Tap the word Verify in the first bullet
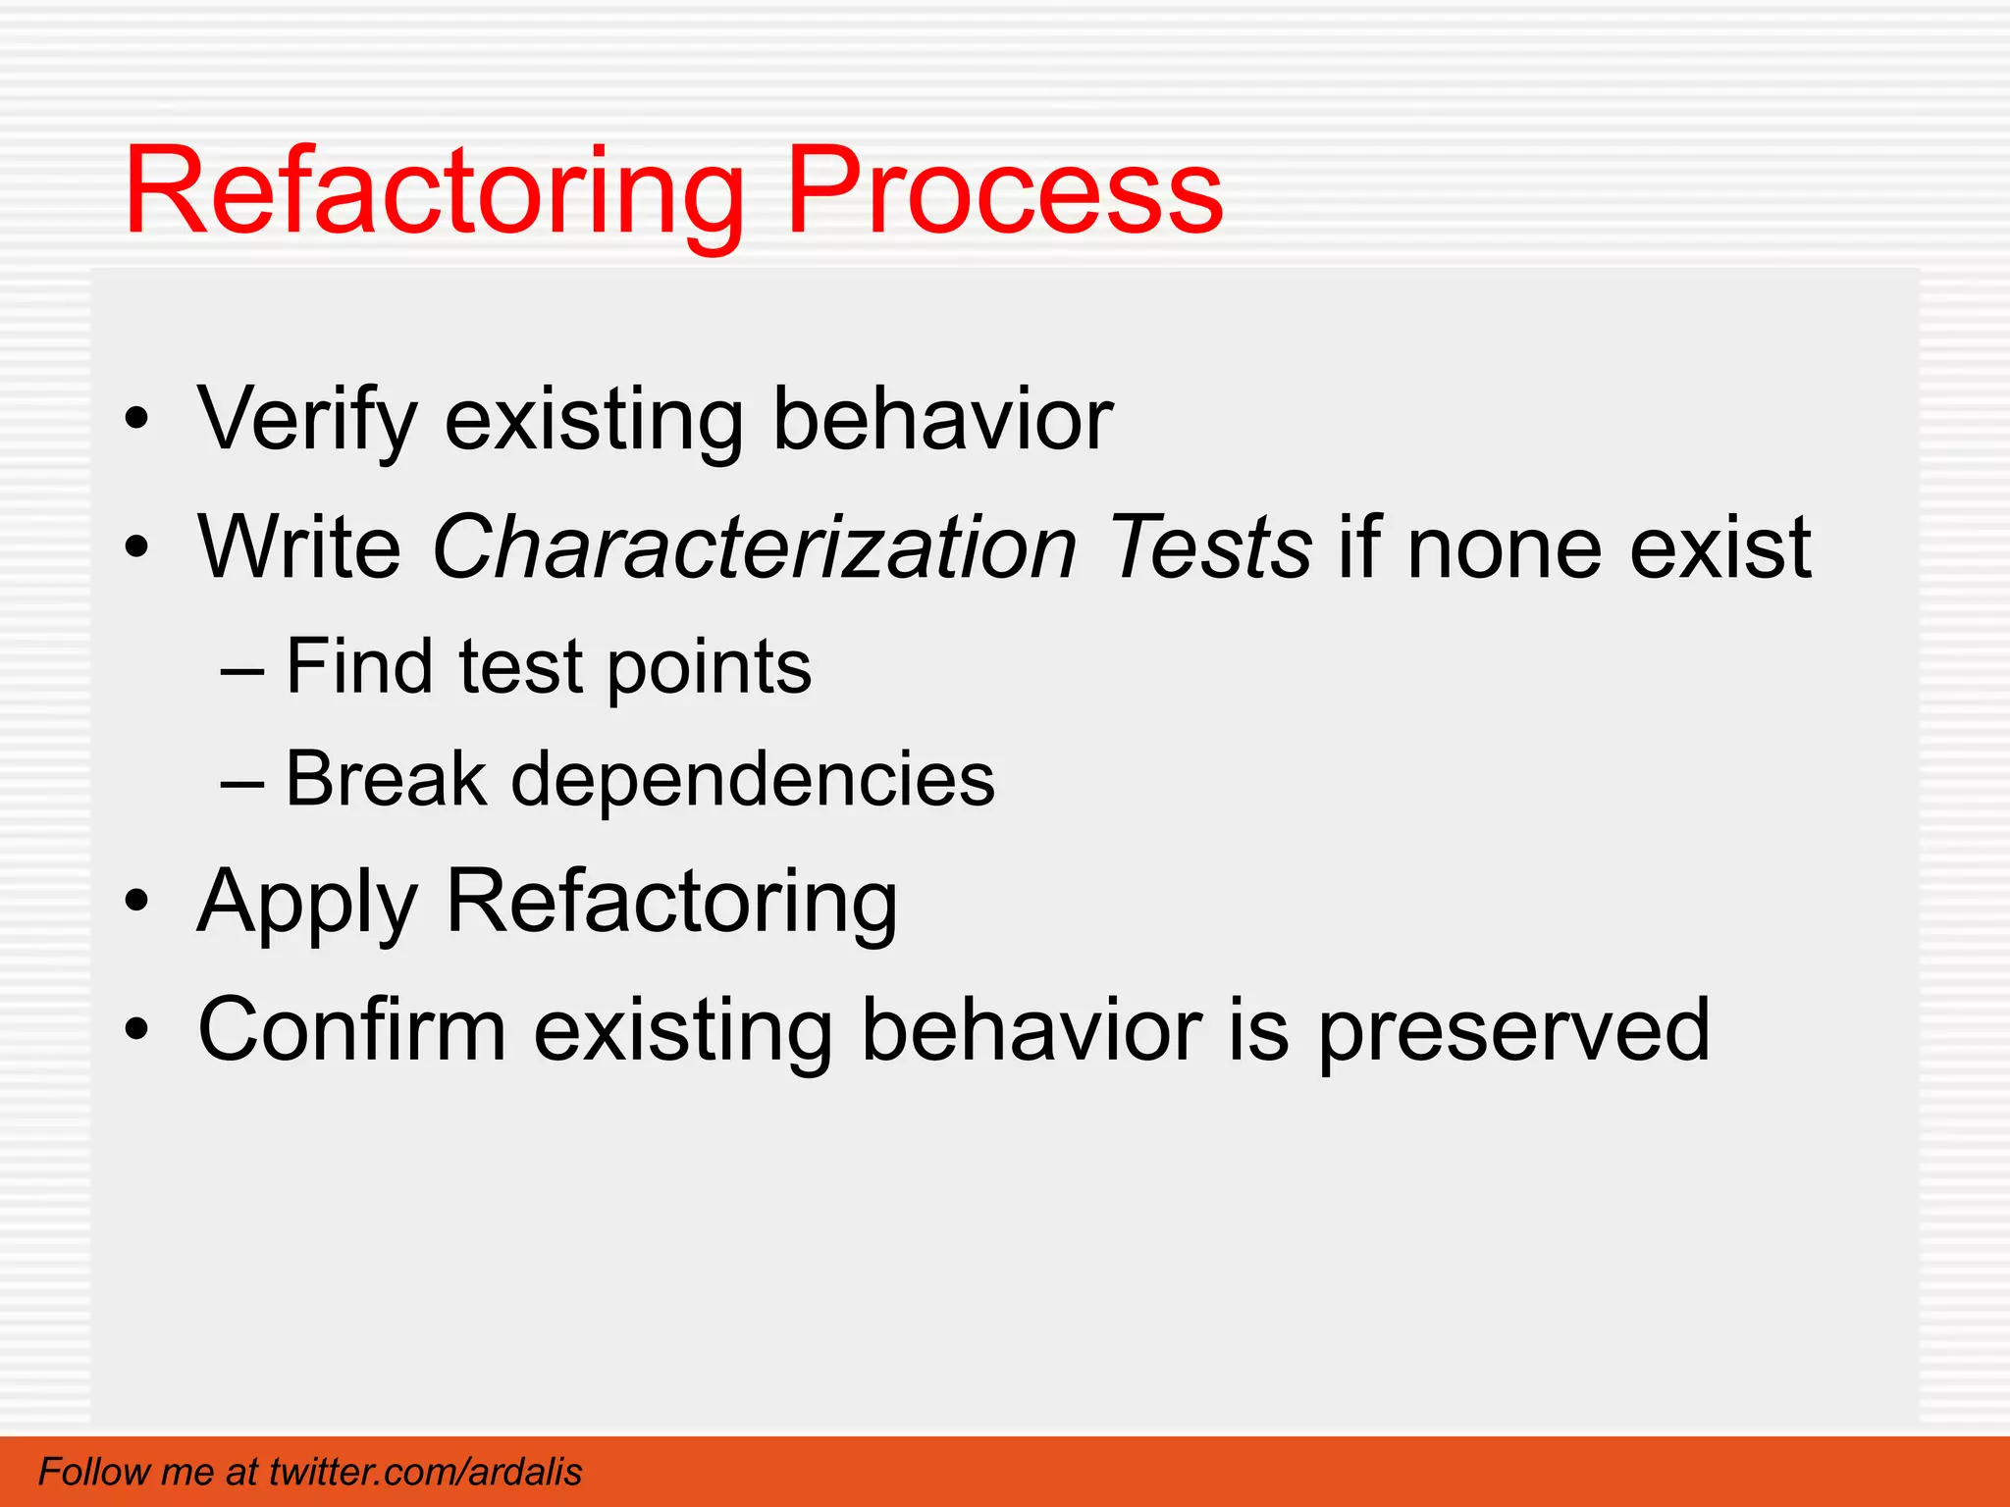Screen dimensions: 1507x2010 pyautogui.click(x=308, y=420)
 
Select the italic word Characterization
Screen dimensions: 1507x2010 pyautogui.click(x=754, y=547)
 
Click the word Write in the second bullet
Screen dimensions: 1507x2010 pyautogui.click(x=299, y=547)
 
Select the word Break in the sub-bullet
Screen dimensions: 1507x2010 pyautogui.click(x=386, y=779)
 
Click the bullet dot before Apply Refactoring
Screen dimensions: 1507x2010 pyautogui.click(x=137, y=901)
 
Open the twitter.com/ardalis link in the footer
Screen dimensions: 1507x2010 pyautogui.click(x=425, y=1472)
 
